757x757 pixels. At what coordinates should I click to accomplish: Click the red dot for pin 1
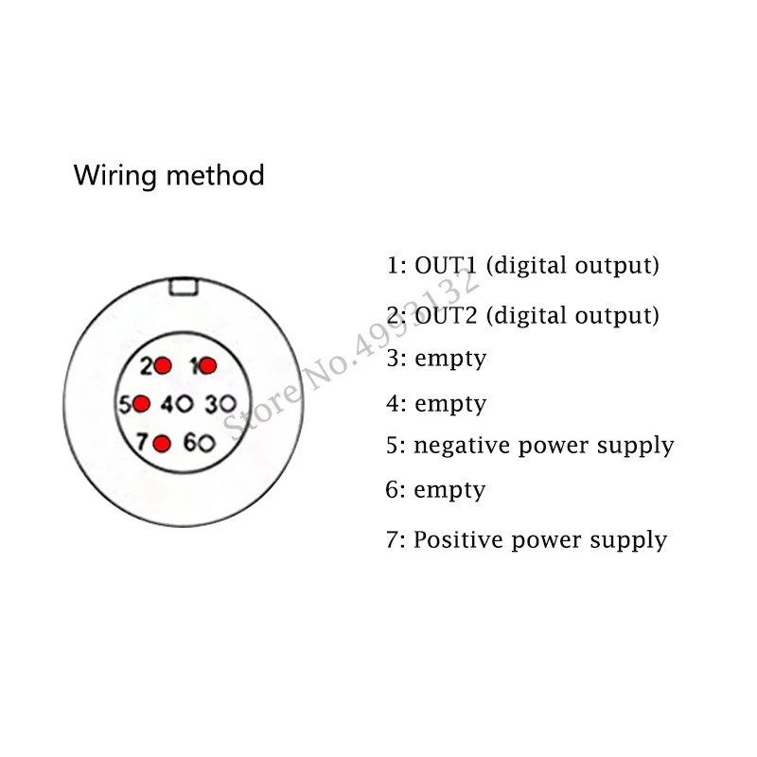tap(207, 365)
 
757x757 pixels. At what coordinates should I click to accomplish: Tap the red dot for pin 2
tap(163, 365)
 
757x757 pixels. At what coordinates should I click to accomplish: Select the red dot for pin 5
tap(141, 404)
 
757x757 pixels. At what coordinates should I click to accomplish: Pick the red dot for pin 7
tap(162, 443)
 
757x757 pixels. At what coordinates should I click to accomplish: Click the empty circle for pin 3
tap(227, 404)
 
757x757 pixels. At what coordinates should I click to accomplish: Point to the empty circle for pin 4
tap(185, 404)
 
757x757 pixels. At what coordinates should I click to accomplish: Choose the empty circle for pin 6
tap(206, 443)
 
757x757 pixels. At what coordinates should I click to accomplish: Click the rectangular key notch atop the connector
tap(184, 286)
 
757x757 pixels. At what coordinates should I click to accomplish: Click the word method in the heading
tap(216, 175)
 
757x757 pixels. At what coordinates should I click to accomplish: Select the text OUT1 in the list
tap(446, 265)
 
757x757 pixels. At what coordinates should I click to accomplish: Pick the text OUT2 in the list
tap(446, 315)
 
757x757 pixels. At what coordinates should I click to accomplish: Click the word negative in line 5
tap(462, 446)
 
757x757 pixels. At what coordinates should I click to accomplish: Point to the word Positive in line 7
tap(459, 539)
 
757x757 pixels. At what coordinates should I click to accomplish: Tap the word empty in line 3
tap(450, 360)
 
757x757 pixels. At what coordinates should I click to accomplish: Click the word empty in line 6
tap(449, 491)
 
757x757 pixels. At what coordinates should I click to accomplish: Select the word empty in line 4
tap(450, 404)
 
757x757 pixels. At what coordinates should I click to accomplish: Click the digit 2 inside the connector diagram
tap(147, 366)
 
